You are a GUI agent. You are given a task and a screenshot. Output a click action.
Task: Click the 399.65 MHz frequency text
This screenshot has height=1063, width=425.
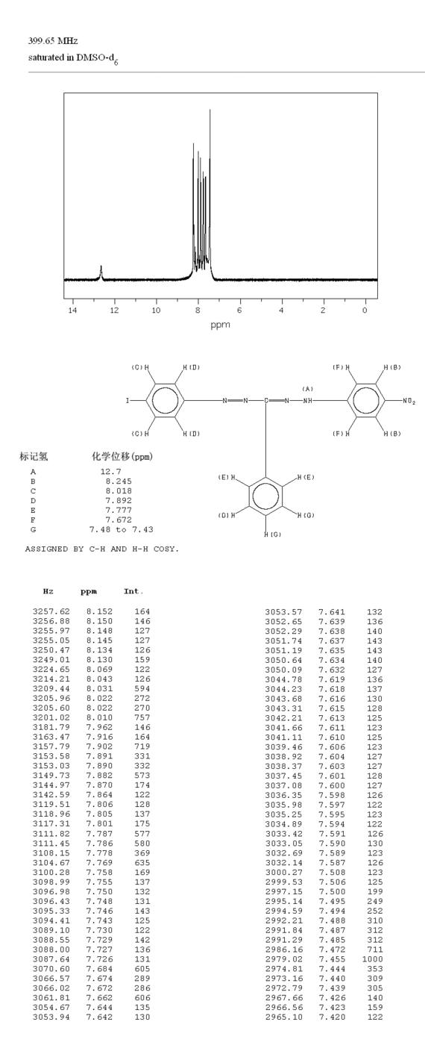(x=53, y=41)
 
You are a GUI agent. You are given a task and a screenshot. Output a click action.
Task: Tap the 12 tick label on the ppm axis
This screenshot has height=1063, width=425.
(x=114, y=310)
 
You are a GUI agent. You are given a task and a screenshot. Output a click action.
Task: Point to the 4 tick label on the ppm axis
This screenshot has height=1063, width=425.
(x=281, y=310)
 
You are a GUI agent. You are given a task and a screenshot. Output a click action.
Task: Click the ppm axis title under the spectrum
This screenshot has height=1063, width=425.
(x=220, y=325)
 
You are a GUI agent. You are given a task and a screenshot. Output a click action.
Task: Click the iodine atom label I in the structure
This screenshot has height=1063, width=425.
(x=127, y=401)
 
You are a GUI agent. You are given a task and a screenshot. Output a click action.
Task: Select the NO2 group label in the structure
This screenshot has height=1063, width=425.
(x=409, y=402)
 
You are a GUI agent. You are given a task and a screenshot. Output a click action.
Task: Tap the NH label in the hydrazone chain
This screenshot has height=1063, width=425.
(x=308, y=401)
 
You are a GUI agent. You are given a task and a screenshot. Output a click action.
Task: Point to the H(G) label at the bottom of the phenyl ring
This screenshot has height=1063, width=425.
(x=272, y=534)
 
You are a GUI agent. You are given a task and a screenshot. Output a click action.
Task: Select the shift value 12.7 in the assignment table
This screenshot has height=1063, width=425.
(x=111, y=471)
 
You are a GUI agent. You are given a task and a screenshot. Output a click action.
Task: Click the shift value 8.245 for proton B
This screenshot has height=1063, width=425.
(x=119, y=481)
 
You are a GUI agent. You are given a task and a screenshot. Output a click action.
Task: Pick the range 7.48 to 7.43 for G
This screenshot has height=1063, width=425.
(x=122, y=529)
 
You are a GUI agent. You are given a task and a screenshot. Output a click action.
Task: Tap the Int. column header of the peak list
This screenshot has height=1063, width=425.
(x=133, y=591)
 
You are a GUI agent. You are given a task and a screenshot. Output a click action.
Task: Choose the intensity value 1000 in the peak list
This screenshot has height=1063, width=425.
(x=372, y=959)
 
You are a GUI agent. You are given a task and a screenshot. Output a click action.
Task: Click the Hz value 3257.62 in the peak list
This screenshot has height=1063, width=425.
(x=51, y=611)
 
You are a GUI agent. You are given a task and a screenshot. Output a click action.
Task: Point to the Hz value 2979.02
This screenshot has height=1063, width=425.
(x=284, y=959)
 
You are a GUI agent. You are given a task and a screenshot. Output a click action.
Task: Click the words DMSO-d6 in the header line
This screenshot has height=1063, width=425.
(x=97, y=58)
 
